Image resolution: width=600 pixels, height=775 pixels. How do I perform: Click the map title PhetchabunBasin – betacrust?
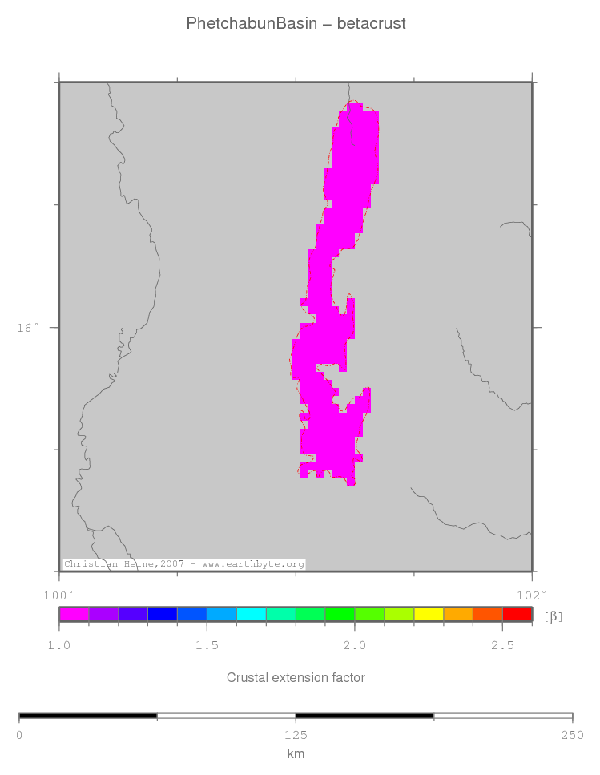click(296, 23)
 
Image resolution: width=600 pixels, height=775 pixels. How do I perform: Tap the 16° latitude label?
click(28, 327)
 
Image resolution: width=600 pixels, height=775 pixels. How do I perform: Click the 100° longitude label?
click(58, 595)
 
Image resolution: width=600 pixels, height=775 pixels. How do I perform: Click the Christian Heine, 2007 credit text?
click(184, 564)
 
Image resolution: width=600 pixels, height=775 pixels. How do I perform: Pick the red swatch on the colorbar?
click(517, 615)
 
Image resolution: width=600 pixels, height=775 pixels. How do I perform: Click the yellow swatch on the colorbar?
click(429, 615)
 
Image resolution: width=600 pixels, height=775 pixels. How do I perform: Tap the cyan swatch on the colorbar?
click(251, 615)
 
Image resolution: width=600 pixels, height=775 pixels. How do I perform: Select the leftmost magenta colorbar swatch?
click(74, 615)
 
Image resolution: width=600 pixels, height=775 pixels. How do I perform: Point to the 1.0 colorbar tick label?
click(58, 645)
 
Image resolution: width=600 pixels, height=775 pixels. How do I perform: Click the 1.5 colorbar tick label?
click(207, 645)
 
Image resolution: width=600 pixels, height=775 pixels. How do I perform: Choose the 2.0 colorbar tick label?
click(355, 645)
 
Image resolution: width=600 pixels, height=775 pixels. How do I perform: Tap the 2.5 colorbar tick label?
click(502, 645)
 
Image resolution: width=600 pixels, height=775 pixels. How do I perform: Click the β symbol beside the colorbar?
click(553, 616)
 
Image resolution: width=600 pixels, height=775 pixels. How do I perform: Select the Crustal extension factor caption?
click(296, 678)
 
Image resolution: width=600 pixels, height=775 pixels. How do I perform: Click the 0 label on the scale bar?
click(19, 734)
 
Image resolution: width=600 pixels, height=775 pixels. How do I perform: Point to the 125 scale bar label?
click(296, 734)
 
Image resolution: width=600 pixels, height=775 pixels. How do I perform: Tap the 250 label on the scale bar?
click(572, 734)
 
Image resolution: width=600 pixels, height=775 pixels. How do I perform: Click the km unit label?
click(296, 753)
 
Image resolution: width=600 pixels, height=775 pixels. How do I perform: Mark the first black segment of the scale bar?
click(88, 715)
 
